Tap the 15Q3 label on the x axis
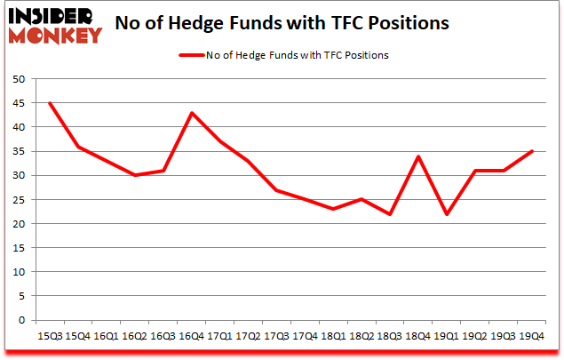(50, 335)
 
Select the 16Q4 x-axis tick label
(191, 335)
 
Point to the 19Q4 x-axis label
(531, 335)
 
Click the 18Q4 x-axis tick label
(417, 335)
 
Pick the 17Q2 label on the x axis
(248, 335)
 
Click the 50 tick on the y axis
(19, 79)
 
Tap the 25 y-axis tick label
(19, 199)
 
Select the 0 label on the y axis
(21, 320)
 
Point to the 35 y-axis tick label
(19, 151)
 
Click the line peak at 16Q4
(191, 113)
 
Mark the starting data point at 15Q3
(50, 103)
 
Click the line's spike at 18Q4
(417, 156)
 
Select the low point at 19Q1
(446, 214)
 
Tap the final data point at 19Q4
(531, 151)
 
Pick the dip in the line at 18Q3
(389, 214)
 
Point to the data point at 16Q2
(135, 175)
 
